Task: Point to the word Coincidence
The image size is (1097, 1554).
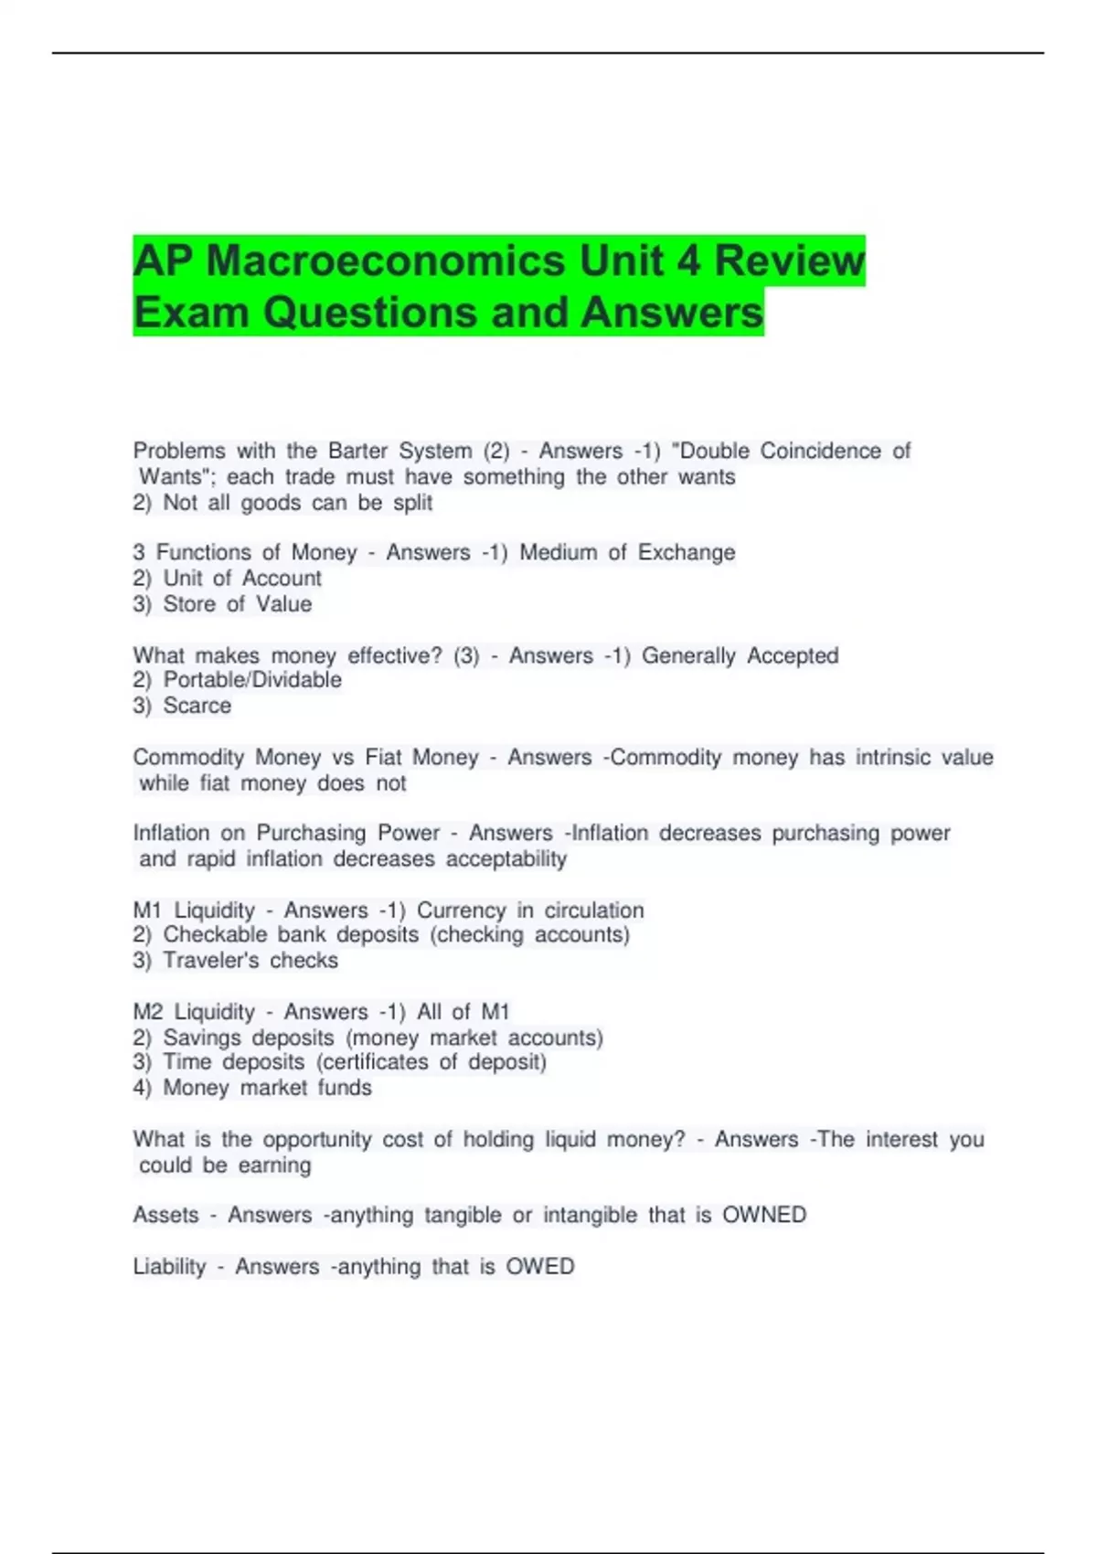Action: pyautogui.click(x=821, y=452)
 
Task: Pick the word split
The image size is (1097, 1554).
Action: pyautogui.click(x=412, y=503)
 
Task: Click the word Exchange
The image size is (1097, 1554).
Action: pyautogui.click(x=686, y=553)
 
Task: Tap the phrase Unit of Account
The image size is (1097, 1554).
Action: pyautogui.click(x=242, y=579)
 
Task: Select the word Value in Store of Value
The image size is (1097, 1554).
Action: pyautogui.click(x=283, y=604)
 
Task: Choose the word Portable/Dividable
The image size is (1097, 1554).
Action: pyautogui.click(x=252, y=680)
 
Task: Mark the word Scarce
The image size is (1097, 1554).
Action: pyautogui.click(x=197, y=706)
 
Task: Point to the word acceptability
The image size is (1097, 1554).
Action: pyautogui.click(x=506, y=859)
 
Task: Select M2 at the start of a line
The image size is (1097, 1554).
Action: pyautogui.click(x=148, y=1012)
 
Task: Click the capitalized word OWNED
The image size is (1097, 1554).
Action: pyautogui.click(x=764, y=1216)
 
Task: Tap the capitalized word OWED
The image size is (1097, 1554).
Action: pyautogui.click(x=540, y=1267)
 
